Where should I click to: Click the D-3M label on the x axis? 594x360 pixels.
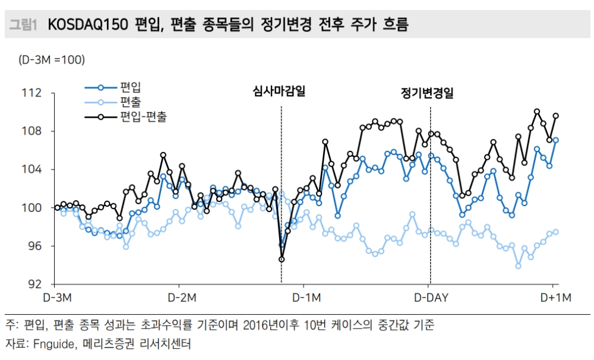57,297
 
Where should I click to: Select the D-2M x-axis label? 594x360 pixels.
182,297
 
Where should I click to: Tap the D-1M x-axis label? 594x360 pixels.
307,297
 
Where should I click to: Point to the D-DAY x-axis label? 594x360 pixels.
431,297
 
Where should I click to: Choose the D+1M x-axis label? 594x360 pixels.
555,297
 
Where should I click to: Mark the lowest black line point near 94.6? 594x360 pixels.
282,259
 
